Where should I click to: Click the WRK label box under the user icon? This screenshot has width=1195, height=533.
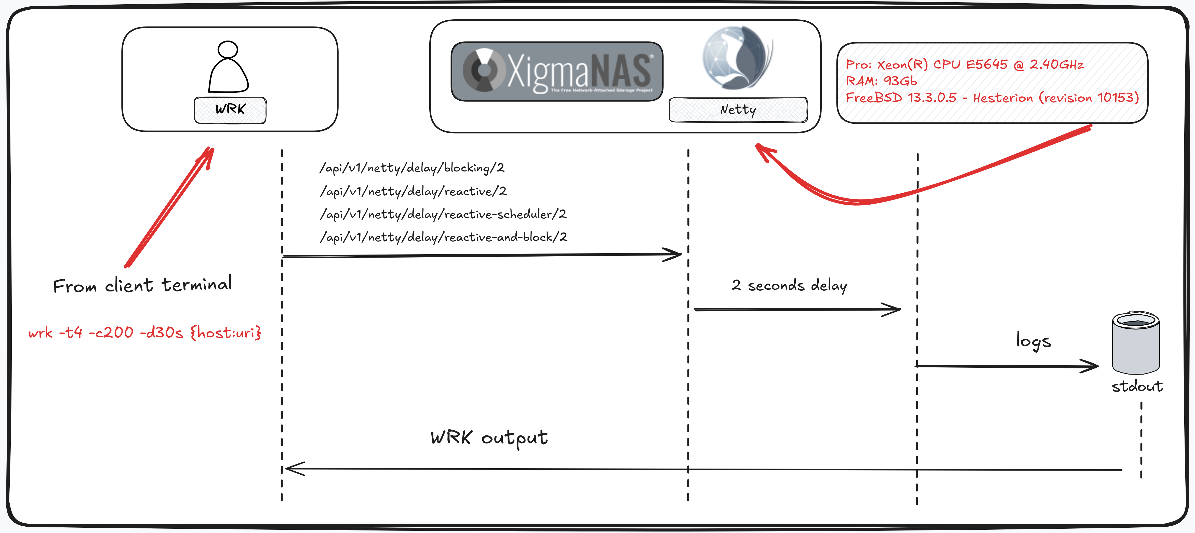point(230,110)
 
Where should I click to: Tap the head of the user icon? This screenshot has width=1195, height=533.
point(228,50)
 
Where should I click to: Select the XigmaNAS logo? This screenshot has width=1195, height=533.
point(557,71)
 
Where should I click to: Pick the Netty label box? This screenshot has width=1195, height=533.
point(738,110)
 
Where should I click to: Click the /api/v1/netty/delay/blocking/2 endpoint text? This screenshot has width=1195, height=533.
point(412,167)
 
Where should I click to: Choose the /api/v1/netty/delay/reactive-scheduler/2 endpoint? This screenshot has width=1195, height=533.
point(443,214)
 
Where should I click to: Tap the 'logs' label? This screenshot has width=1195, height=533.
point(1033,341)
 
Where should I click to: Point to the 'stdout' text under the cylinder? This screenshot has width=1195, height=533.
point(1137,387)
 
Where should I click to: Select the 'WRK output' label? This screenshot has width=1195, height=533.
point(489,437)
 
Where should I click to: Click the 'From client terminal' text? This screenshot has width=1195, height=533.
point(142,285)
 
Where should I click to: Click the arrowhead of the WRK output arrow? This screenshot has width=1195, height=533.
point(293,469)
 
